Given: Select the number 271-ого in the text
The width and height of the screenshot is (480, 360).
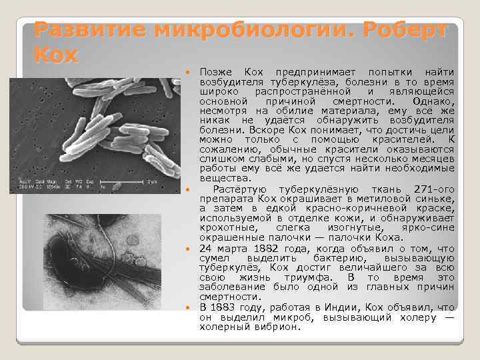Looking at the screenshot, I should coord(434,188).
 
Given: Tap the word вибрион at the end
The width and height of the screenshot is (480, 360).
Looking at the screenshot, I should coord(279,327).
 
